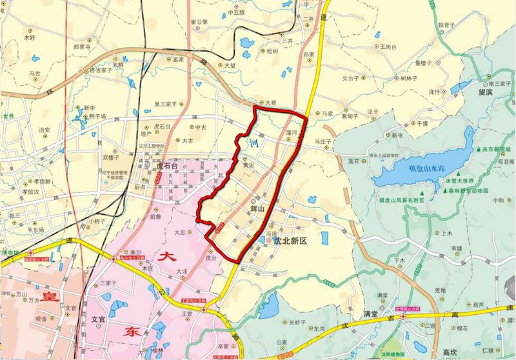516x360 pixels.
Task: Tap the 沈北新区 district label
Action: click(x=289, y=241)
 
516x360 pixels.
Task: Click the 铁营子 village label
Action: click(x=447, y=25)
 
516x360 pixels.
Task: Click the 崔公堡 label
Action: click(x=199, y=21)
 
